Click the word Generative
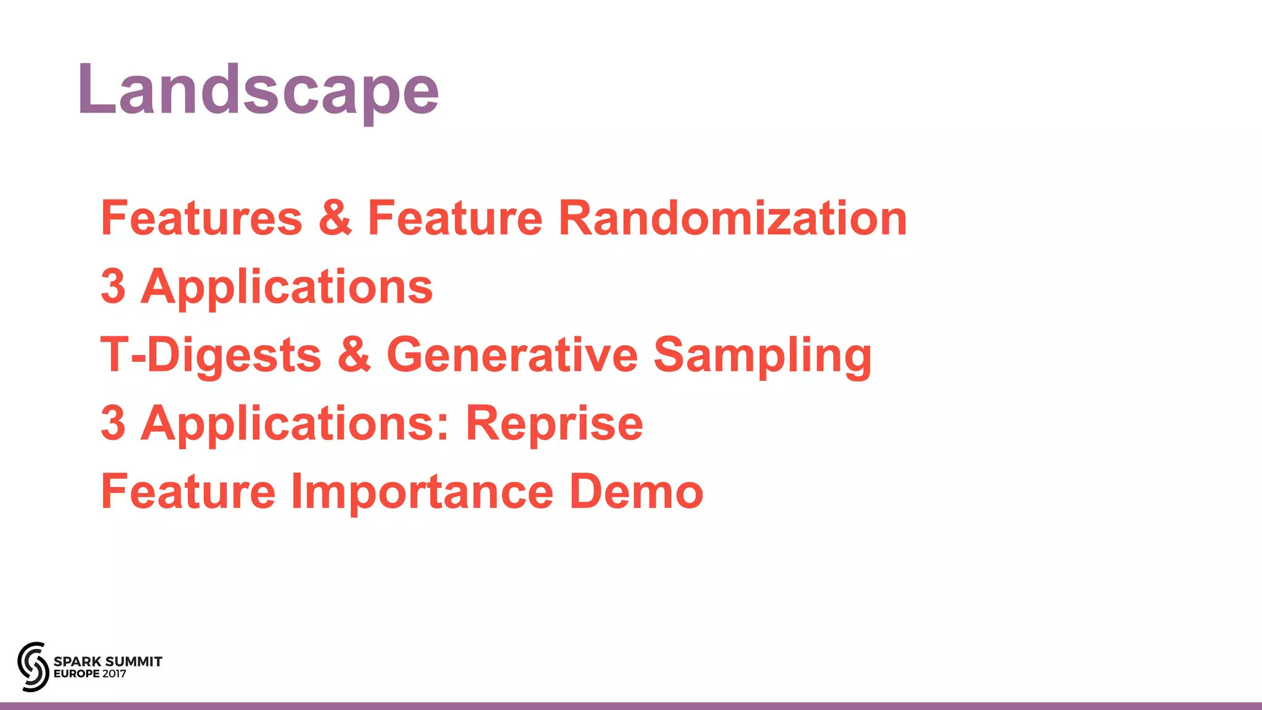click(512, 355)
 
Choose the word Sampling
click(762, 356)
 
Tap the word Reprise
click(554, 424)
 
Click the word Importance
click(422, 492)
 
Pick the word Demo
click(636, 492)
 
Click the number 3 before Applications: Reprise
click(113, 423)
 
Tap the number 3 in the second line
click(113, 287)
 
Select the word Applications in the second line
click(287, 288)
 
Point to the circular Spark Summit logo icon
click(33, 666)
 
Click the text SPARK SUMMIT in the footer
click(108, 661)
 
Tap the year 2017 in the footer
click(115, 674)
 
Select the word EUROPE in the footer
click(76, 674)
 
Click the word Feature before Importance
click(188, 492)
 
